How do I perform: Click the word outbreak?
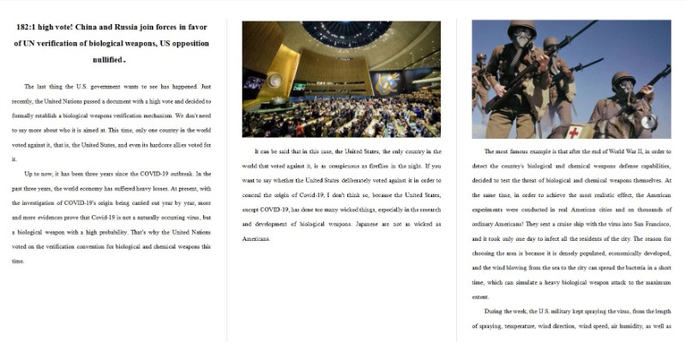tap(180, 174)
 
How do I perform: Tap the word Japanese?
tap(388, 224)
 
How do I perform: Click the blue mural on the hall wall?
tap(385, 84)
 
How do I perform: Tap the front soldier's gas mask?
tap(521, 38)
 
